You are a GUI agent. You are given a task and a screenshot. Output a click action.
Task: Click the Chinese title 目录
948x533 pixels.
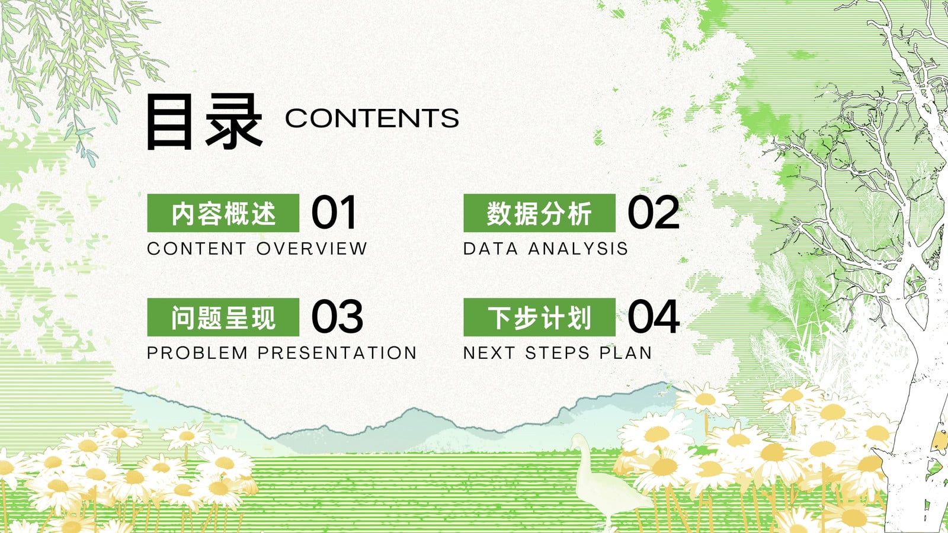pos(204,122)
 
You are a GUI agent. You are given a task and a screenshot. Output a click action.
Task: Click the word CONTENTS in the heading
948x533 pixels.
pos(372,118)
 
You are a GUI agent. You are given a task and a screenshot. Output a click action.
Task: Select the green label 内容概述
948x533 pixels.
pos(223,213)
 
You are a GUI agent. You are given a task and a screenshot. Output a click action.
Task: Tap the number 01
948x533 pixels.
pos(334,213)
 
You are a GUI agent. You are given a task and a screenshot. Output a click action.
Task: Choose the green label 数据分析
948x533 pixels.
pos(540,213)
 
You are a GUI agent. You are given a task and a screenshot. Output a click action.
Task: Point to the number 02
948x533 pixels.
pos(654,213)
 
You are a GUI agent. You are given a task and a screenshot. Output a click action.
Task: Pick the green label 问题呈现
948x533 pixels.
pos(223,317)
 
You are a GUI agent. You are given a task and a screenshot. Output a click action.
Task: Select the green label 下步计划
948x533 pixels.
pos(540,317)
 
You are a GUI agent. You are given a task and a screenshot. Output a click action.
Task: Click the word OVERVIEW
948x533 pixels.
pos(312,248)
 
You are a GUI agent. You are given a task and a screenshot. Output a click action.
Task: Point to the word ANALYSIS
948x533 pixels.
pos(578,248)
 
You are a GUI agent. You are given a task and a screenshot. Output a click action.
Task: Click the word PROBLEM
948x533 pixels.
pos(197,353)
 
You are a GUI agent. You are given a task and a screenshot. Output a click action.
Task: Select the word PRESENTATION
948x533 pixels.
pos(337,353)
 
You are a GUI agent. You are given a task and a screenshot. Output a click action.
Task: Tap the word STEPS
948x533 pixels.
pos(558,353)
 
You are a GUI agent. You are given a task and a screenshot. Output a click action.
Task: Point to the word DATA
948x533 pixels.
pos(491,248)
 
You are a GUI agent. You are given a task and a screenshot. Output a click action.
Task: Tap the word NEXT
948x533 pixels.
pos(489,353)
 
